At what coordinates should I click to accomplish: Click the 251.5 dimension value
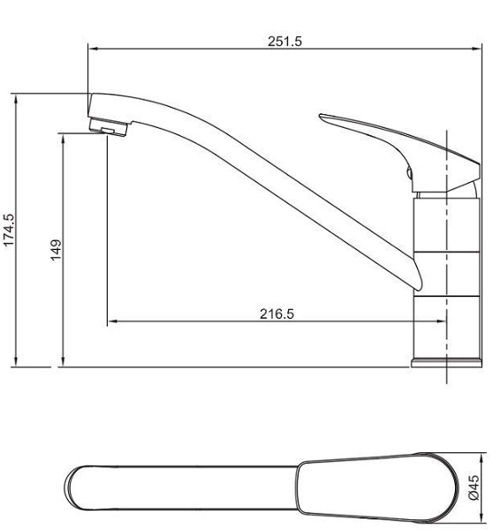tap(284, 40)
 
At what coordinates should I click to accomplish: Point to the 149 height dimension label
tap(55, 250)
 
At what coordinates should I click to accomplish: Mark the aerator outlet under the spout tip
tap(110, 131)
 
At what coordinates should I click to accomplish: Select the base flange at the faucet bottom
tap(446, 361)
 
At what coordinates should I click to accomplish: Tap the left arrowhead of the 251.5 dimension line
tap(91, 49)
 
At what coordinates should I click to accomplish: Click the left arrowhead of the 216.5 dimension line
tap(110, 322)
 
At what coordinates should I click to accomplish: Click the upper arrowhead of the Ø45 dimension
tap(484, 458)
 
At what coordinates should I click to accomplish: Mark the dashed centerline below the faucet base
tap(449, 376)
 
